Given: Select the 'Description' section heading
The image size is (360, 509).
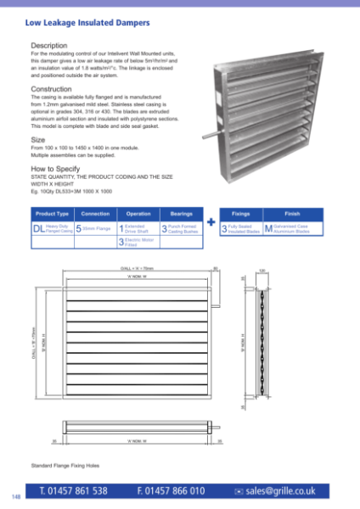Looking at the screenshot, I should click(49, 44).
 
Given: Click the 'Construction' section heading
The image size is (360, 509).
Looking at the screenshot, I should click(52, 89).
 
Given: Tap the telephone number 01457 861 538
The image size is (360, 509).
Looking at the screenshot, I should click(73, 490).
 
